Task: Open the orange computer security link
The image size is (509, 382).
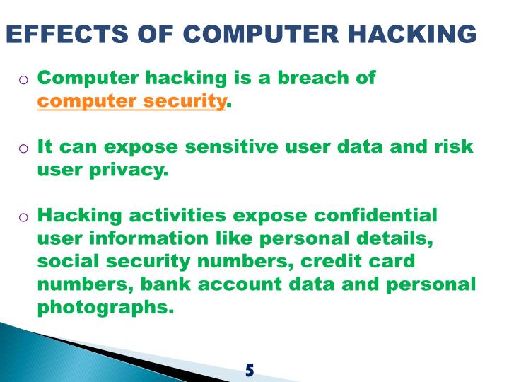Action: pos(131,101)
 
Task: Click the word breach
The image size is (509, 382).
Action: pos(312,78)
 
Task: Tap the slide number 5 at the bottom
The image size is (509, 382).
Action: pos(250,369)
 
